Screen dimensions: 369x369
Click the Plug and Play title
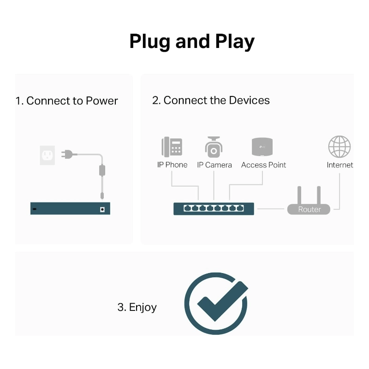click(192, 42)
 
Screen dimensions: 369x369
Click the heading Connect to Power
click(67, 101)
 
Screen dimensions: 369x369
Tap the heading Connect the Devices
click(211, 100)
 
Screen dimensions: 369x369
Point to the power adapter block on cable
click(102, 170)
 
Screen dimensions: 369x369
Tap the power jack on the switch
click(102, 209)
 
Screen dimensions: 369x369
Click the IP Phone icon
click(172, 147)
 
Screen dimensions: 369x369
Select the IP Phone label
click(172, 165)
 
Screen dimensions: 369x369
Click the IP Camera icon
click(214, 147)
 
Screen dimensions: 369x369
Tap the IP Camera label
click(214, 165)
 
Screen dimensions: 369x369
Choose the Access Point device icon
click(263, 147)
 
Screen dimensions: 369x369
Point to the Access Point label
click(263, 165)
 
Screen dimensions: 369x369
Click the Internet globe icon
click(339, 147)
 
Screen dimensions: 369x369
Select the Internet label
click(339, 165)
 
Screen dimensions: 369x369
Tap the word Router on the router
click(309, 209)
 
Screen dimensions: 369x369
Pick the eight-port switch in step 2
click(214, 208)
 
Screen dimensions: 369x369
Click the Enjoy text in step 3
click(137, 307)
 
